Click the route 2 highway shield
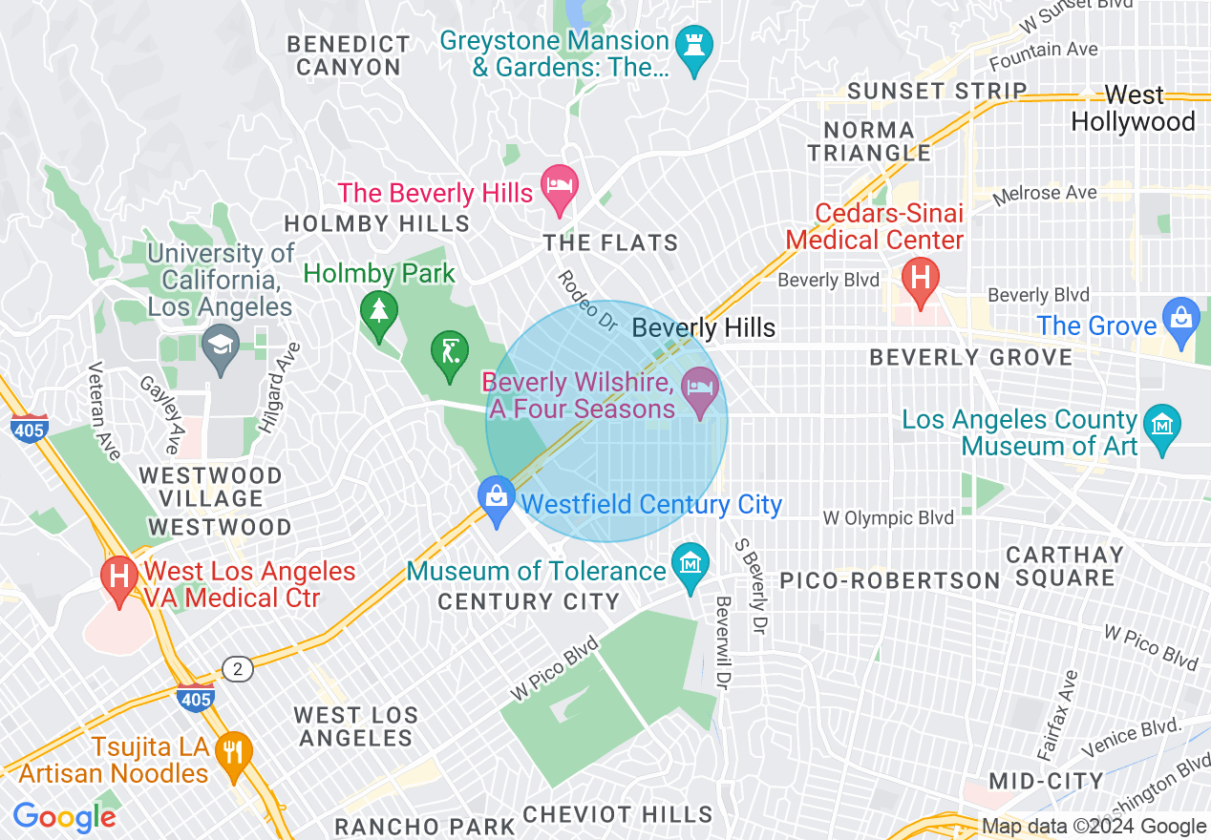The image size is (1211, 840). tap(238, 668)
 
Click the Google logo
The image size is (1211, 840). tap(64, 817)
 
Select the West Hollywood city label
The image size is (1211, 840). tap(1134, 109)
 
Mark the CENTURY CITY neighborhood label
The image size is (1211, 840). tap(528, 601)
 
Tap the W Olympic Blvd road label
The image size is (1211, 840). tap(888, 518)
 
